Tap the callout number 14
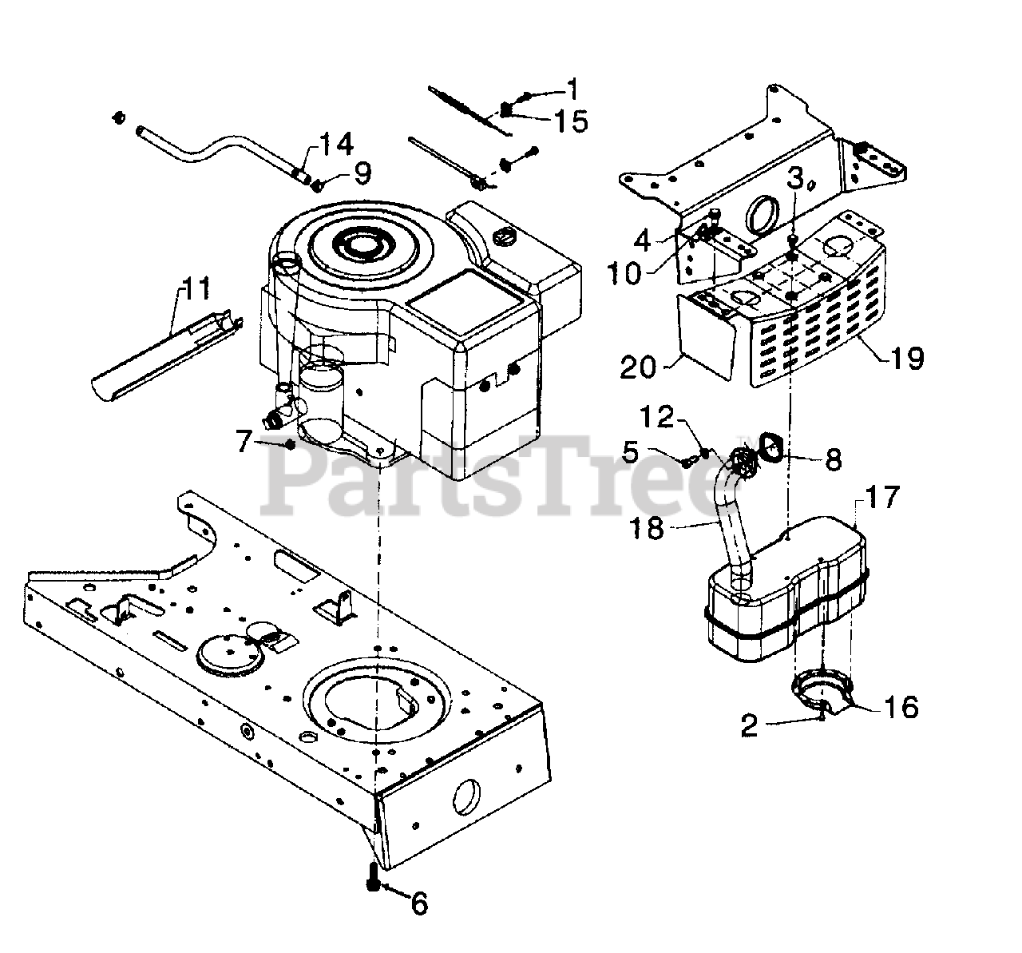click(336, 145)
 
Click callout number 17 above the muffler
click(880, 498)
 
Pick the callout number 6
click(419, 903)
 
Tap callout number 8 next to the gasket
click(833, 459)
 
